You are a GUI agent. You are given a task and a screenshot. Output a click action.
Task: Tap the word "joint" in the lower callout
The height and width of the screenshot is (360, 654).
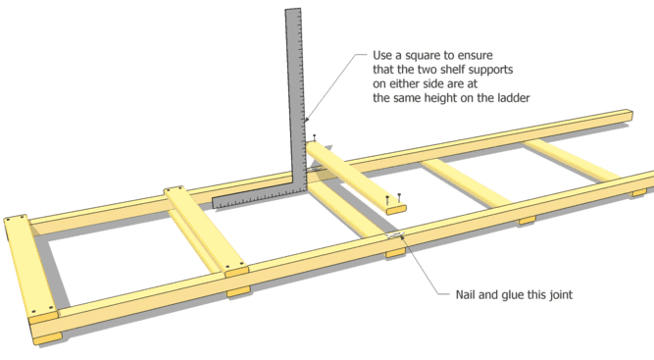(561, 295)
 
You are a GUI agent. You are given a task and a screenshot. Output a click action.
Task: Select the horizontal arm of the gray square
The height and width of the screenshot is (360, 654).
(259, 198)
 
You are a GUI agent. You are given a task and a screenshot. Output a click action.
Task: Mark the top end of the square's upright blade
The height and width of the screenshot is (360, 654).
(293, 9)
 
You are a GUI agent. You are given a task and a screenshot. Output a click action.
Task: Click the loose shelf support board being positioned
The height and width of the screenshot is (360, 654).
(356, 177)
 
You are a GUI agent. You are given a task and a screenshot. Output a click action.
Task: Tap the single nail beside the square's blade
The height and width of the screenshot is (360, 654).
(315, 137)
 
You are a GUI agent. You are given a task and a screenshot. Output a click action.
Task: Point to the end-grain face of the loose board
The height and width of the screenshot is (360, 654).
(396, 210)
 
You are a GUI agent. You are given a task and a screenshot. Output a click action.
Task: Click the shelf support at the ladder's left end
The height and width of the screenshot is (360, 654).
(30, 268)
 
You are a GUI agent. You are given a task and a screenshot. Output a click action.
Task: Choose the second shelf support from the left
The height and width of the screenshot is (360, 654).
(206, 231)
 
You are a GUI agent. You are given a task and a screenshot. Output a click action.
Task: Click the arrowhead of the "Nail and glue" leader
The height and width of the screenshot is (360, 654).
(402, 237)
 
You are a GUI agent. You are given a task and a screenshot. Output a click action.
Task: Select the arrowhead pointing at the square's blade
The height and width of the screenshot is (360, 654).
(307, 121)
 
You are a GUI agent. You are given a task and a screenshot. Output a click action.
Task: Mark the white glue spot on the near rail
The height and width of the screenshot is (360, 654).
(394, 234)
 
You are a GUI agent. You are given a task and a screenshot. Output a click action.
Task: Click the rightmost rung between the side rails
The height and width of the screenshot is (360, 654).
(572, 159)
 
